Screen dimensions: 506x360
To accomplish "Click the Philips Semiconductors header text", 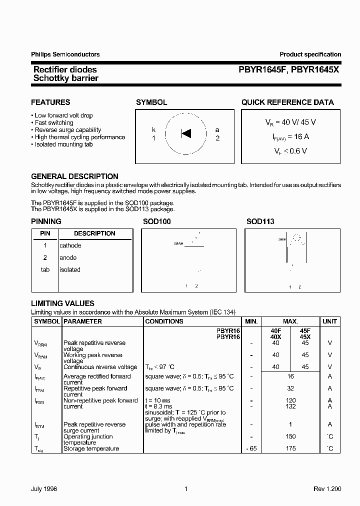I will (65, 54).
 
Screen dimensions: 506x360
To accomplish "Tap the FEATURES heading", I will (50, 102).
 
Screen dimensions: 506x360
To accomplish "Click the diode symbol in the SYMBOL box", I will (185, 133).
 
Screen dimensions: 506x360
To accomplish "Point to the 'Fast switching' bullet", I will (53, 122).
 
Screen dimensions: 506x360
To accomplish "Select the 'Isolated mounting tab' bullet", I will (63, 144).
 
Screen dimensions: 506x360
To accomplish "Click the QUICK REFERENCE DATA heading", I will (287, 102).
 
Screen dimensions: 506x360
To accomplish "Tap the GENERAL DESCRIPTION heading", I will (74, 176).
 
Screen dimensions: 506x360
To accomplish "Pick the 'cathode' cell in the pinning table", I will (70, 245).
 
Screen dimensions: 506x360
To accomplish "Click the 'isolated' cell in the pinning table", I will (69, 269).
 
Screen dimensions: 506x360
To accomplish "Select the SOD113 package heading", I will (260, 221).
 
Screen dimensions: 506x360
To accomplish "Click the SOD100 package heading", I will (157, 221).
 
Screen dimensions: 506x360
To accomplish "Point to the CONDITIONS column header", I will (164, 321).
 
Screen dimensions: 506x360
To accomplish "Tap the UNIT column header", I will (329, 321).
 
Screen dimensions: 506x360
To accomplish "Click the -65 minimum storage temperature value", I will (251, 448).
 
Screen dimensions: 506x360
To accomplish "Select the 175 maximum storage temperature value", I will (290, 448).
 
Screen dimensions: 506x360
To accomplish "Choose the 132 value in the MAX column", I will (290, 406).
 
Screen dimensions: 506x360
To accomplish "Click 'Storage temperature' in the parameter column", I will (91, 448).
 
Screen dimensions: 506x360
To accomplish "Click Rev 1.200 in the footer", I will (327, 489).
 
